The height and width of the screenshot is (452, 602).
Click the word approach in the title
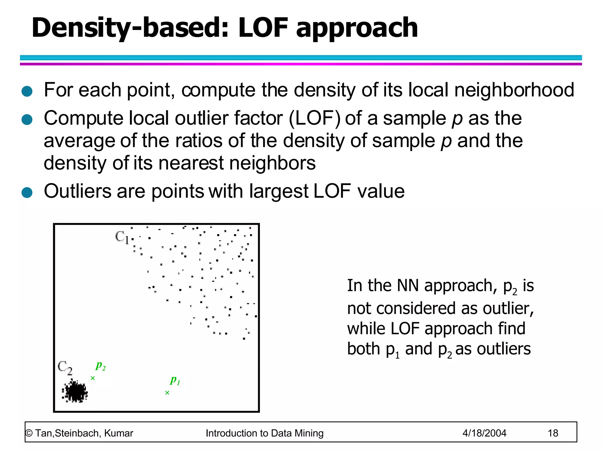coord(357,29)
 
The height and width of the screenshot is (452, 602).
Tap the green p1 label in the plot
coord(175,380)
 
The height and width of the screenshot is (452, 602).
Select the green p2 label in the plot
coord(101,365)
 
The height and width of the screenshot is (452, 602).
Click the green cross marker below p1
coord(167,393)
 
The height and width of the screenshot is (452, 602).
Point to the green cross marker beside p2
coord(93,378)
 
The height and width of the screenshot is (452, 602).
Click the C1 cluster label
coord(122,237)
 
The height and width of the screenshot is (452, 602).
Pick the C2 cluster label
coord(65,368)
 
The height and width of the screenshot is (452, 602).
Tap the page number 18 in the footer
coord(553,433)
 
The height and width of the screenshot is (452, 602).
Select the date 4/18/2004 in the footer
coord(484,433)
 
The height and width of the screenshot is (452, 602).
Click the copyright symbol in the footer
coord(29,433)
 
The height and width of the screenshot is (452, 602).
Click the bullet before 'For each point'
coord(27,91)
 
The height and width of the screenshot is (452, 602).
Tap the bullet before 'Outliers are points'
coord(27,193)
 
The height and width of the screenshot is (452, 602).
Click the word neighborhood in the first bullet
coord(514,90)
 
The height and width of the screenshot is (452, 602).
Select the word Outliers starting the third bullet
coord(78,191)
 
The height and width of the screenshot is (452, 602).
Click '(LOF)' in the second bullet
coord(315,118)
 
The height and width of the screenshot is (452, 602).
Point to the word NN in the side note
coord(407,285)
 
